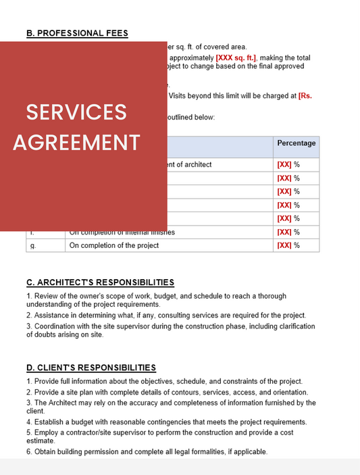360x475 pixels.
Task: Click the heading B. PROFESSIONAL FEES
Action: (77, 32)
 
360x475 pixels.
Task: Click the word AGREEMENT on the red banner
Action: (76, 143)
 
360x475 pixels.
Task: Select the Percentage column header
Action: (296, 144)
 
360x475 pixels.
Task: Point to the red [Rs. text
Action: (305, 96)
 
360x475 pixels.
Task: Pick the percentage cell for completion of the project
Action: (288, 245)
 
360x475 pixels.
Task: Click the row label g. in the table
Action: (32, 245)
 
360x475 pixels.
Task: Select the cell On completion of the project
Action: (114, 245)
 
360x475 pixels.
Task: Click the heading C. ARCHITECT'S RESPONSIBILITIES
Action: (100, 282)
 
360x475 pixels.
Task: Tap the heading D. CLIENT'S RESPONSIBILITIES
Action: (91, 368)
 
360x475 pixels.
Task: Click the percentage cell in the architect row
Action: (288, 164)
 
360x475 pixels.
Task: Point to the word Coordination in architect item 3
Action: (55, 326)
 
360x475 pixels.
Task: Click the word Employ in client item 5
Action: (46, 432)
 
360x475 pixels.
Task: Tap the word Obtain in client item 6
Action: (45, 451)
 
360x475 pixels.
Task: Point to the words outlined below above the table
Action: (190, 118)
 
